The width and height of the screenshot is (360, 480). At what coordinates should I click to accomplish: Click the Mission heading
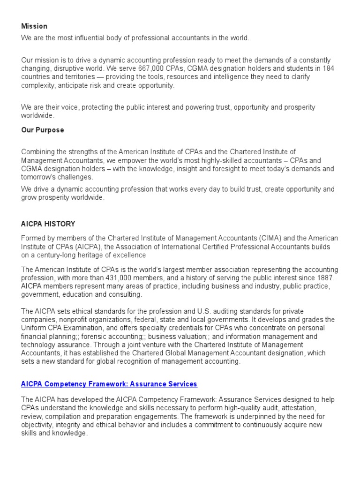pos(34,26)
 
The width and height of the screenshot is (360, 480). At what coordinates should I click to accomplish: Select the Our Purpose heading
pos(43,130)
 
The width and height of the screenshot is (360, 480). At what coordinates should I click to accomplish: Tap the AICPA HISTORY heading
pos(48,224)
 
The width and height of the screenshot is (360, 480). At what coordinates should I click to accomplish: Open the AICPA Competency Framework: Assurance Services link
pos(109,384)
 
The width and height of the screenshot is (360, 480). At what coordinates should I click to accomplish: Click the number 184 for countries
pos(328,68)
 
